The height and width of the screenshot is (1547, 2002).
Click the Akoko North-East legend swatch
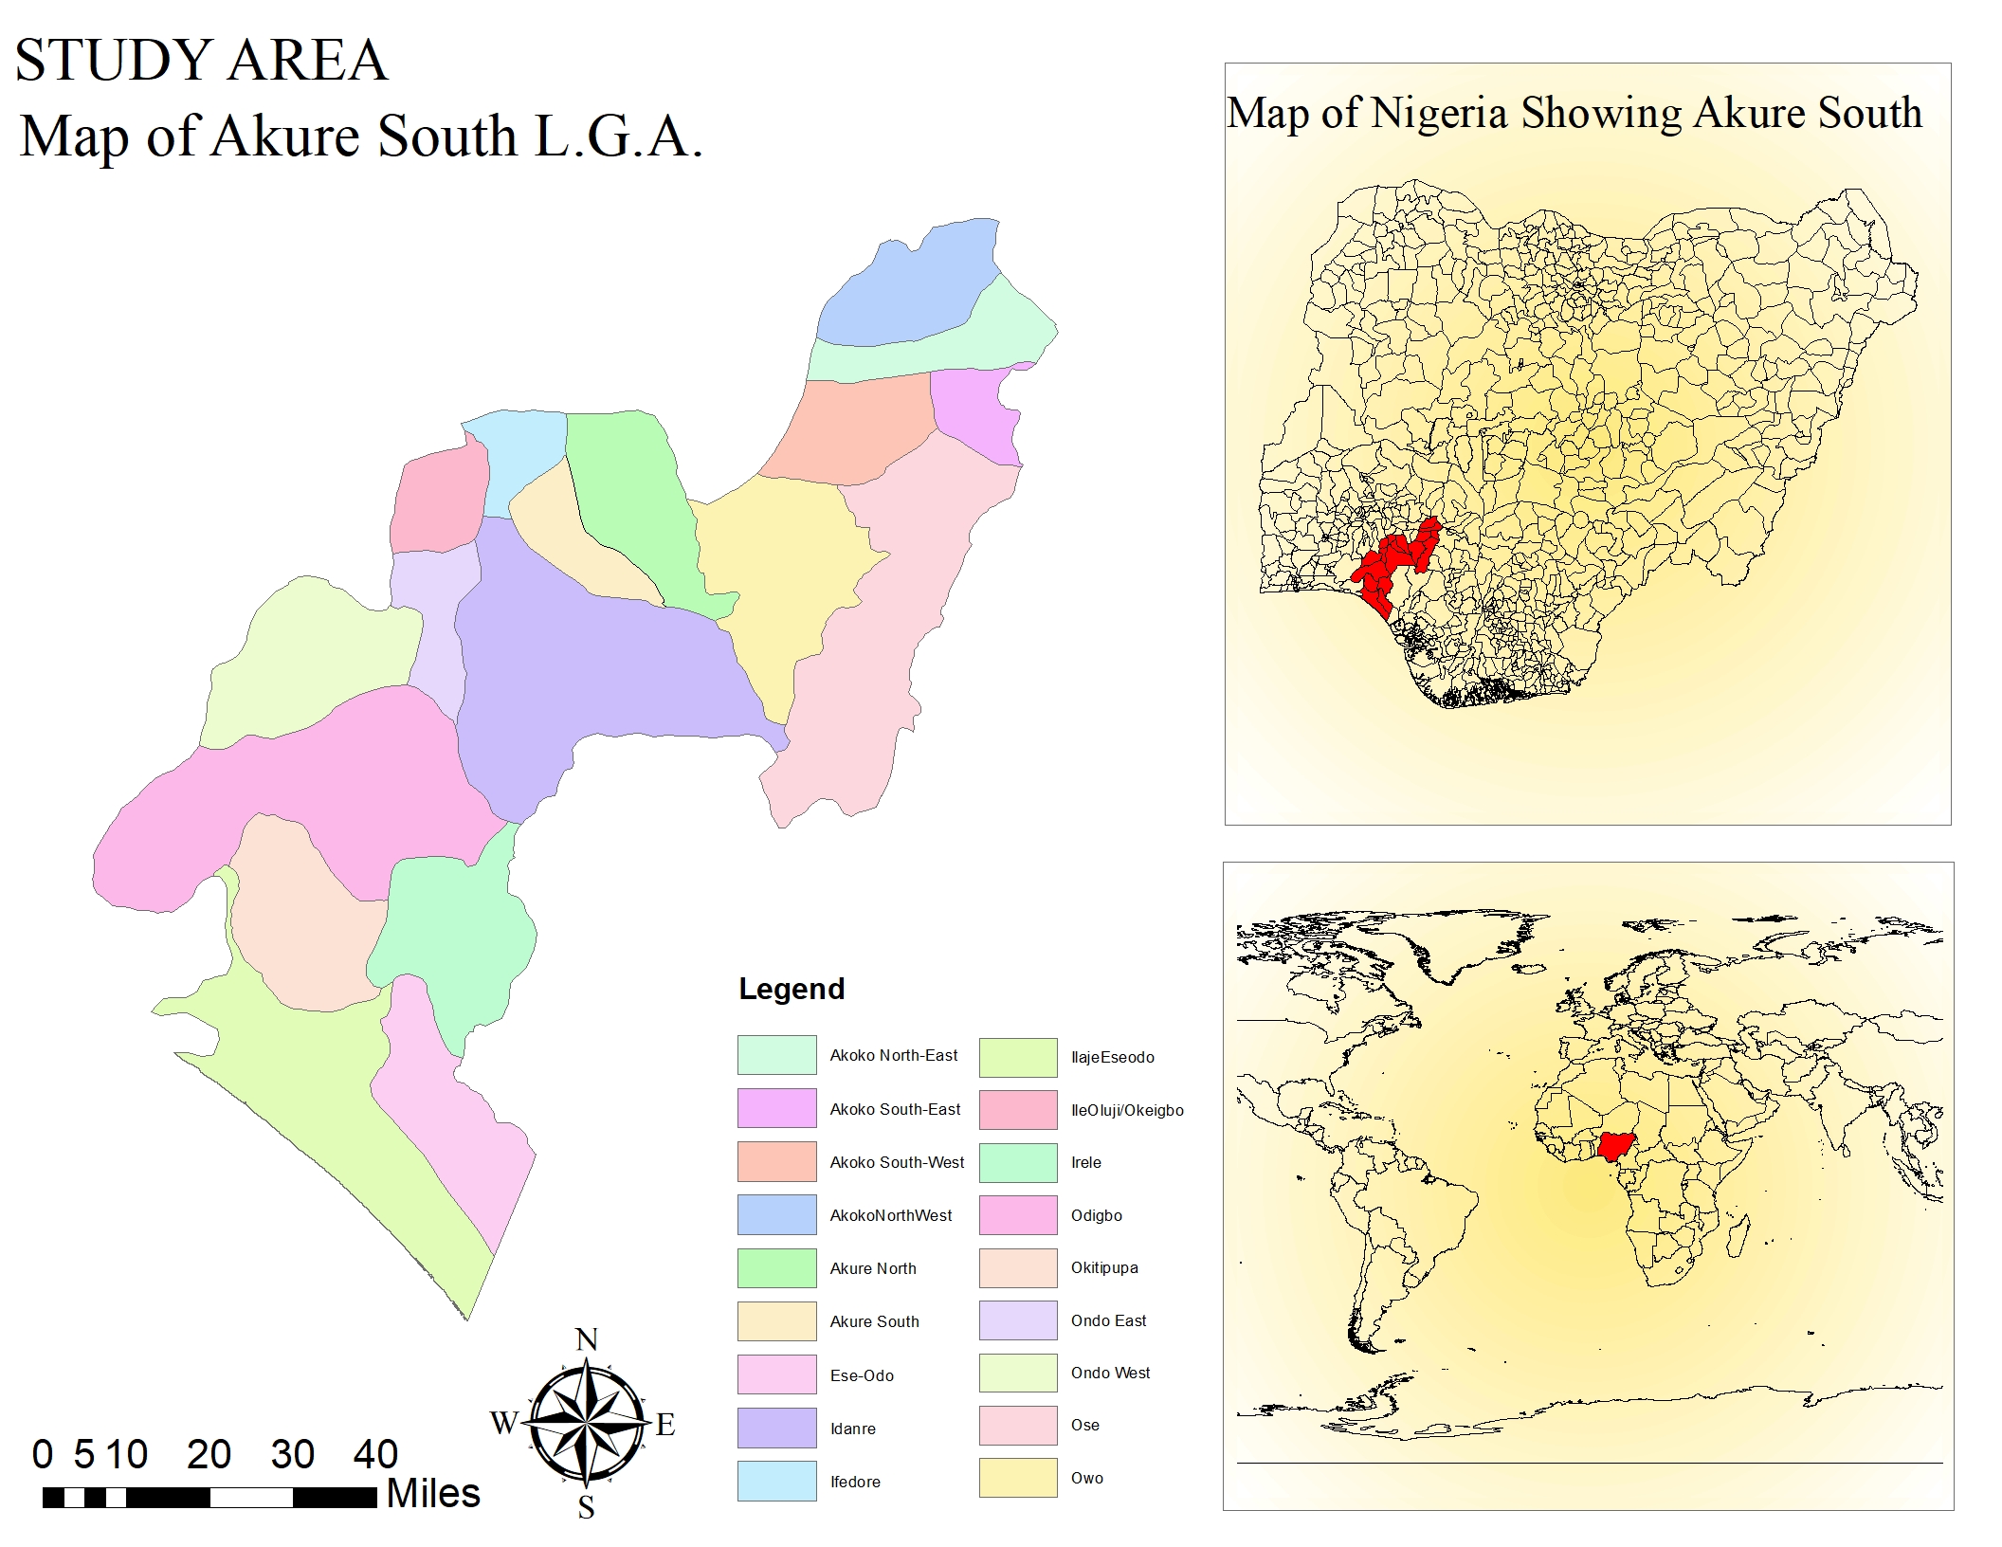coord(776,1055)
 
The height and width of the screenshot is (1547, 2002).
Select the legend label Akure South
coord(874,1321)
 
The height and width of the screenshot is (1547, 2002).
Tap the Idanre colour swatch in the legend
coord(776,1428)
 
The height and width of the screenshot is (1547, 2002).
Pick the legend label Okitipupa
coord(1104,1267)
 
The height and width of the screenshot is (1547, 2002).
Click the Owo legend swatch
coord(1018,1478)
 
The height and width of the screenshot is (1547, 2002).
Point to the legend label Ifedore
coord(855,1482)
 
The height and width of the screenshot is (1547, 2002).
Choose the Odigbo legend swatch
coord(1018,1215)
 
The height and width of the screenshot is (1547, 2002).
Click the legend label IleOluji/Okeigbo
coord(1127,1110)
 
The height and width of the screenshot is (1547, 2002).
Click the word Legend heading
coord(792,989)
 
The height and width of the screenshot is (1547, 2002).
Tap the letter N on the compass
coord(587,1340)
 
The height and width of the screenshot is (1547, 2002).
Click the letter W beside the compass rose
coord(503,1423)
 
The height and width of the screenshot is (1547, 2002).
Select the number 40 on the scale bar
coord(375,1454)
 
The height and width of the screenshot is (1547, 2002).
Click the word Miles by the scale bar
coord(433,1494)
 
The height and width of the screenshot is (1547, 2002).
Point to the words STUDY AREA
coord(201,60)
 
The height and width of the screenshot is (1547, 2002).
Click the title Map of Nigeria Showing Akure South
coord(1574,113)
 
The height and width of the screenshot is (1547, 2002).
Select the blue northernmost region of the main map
coord(910,289)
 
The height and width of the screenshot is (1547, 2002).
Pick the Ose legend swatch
coord(1018,1425)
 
